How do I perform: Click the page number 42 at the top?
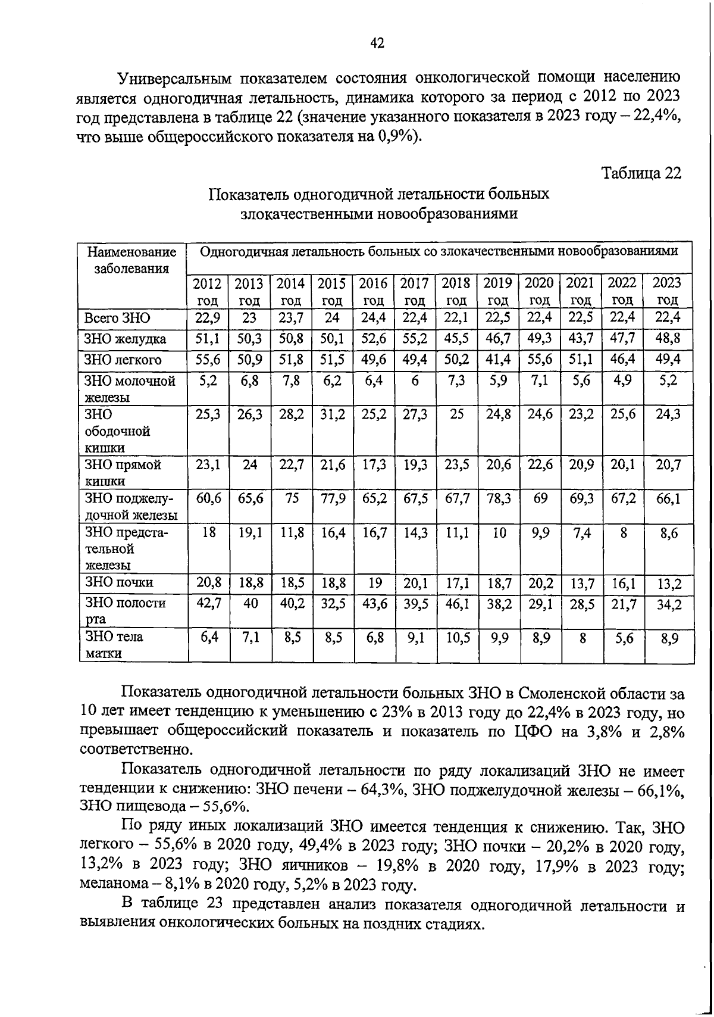click(x=377, y=43)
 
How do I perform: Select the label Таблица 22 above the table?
click(x=641, y=173)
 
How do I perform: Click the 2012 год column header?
click(x=208, y=291)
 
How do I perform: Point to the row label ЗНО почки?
click(x=120, y=582)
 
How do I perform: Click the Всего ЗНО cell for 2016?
click(x=373, y=317)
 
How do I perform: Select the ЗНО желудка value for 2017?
click(x=415, y=339)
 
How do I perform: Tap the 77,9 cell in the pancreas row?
click(x=332, y=499)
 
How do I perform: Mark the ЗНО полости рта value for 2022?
click(x=623, y=604)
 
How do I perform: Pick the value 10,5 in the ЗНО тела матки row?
click(x=456, y=638)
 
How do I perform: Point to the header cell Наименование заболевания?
click(x=132, y=260)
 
